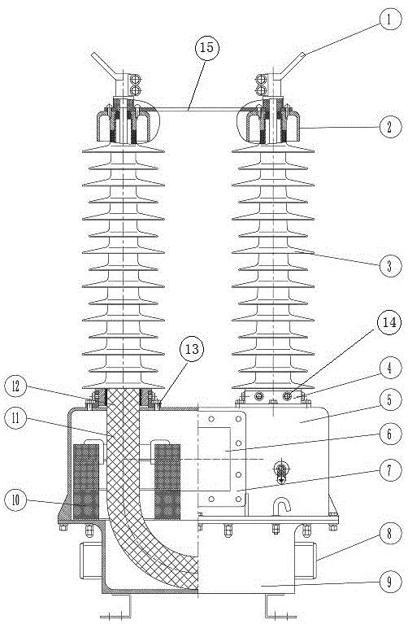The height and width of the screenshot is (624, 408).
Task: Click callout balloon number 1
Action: (x=389, y=20)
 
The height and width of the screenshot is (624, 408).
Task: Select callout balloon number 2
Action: (x=389, y=127)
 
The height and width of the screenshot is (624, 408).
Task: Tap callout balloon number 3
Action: (x=389, y=265)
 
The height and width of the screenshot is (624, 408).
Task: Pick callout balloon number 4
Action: (x=389, y=368)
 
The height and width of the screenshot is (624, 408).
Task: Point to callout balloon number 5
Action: (x=389, y=400)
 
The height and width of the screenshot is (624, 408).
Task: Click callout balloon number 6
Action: (x=389, y=434)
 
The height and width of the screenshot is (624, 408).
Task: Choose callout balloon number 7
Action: (x=389, y=469)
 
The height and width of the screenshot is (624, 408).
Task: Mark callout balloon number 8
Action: (x=389, y=534)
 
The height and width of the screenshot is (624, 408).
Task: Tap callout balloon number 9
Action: (x=389, y=582)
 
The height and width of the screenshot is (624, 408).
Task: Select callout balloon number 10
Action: (x=16, y=500)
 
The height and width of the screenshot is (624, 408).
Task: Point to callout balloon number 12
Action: (x=16, y=386)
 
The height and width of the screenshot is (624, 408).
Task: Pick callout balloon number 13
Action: (x=192, y=349)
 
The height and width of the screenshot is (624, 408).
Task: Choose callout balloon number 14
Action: (x=389, y=322)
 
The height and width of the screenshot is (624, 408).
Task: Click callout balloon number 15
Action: (x=206, y=48)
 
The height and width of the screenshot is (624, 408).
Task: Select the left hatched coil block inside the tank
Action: (x=86, y=482)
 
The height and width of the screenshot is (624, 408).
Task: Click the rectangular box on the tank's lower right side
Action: (x=306, y=561)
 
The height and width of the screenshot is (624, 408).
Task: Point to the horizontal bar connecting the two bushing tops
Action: (x=197, y=108)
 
